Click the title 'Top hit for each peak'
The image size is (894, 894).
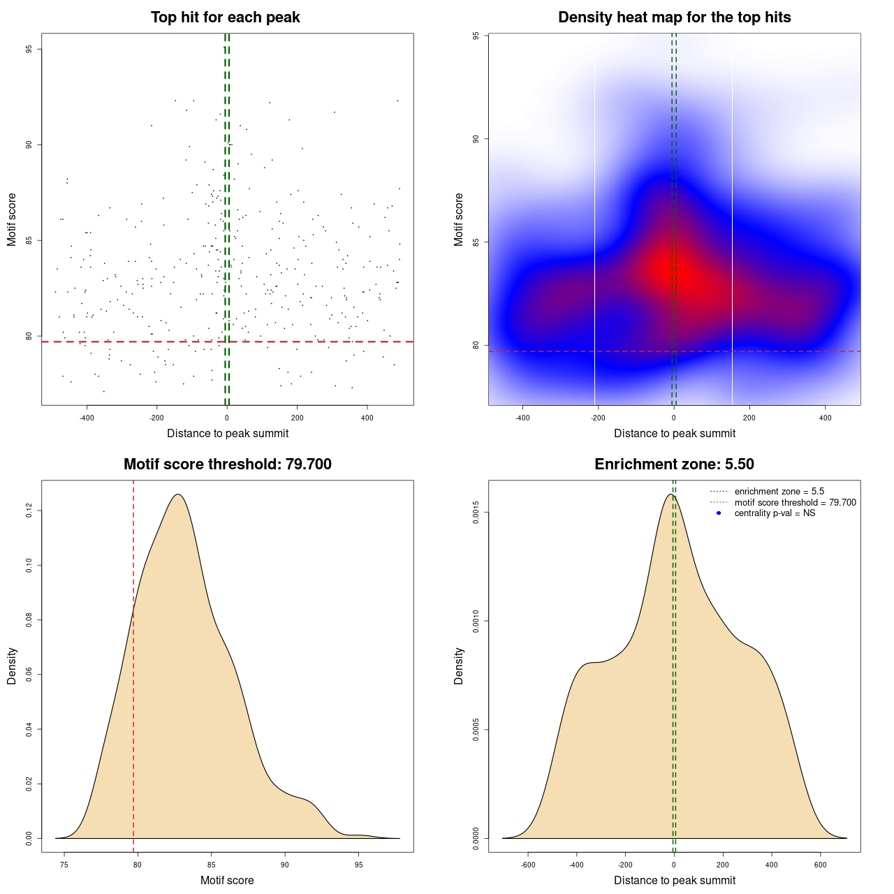click(226, 17)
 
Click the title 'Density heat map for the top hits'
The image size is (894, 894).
click(674, 17)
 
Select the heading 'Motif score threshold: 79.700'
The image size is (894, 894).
click(227, 464)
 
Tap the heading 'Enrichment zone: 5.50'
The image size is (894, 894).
click(674, 464)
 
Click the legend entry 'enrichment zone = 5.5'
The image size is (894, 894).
click(779, 492)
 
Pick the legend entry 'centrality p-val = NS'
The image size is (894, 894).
click(775, 513)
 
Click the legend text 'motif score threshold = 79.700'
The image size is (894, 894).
click(795, 503)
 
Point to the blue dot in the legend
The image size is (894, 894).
click(719, 513)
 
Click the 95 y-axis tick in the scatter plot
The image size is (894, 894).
click(29, 49)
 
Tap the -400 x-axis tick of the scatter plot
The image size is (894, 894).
click(87, 418)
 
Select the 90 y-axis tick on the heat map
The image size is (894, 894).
click(476, 139)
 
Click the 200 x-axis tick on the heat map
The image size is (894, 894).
click(749, 418)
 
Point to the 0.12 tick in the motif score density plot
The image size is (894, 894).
click(29, 511)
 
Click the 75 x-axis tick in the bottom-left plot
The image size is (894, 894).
click(64, 865)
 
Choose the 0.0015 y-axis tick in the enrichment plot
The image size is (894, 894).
click(476, 513)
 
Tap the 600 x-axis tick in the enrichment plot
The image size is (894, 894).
click(820, 865)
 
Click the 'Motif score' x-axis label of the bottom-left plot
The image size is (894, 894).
click(227, 880)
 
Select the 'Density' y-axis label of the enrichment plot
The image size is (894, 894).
click(459, 666)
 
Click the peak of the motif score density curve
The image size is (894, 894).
click(178, 494)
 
